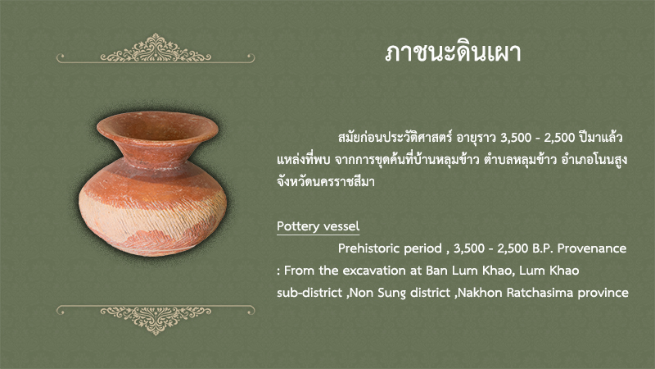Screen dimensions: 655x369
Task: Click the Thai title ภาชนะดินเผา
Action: (x=453, y=52)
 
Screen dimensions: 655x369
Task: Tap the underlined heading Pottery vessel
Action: (x=318, y=226)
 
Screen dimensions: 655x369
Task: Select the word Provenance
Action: (x=592, y=248)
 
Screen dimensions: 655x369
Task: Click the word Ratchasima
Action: (x=540, y=292)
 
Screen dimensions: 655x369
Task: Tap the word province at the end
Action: (x=603, y=293)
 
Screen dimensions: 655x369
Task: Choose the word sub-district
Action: (x=309, y=292)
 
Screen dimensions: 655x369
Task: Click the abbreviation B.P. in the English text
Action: (x=543, y=248)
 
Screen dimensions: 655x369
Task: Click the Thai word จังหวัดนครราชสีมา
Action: (x=325, y=181)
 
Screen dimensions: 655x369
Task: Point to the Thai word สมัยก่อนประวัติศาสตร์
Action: (x=395, y=137)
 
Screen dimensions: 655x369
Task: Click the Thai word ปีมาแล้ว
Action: (x=601, y=137)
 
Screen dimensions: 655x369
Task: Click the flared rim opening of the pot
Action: (x=157, y=126)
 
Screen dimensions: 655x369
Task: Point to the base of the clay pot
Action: (x=154, y=249)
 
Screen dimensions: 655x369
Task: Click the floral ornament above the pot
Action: (x=156, y=49)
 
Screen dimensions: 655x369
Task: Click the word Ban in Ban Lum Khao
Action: (x=435, y=271)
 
